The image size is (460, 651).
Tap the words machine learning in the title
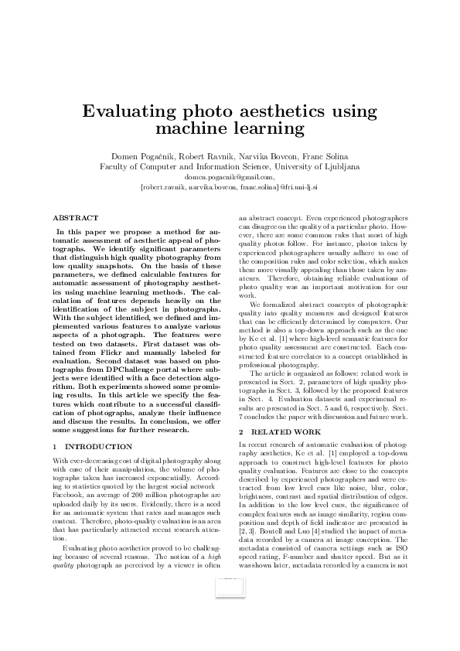tap(230, 127)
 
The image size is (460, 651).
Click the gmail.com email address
tap(230, 176)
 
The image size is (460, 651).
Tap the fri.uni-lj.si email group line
tap(230, 186)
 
